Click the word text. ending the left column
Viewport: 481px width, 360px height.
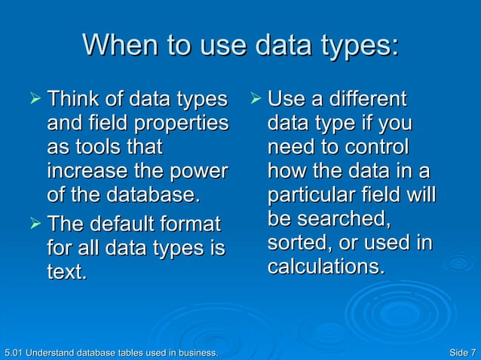click(66, 272)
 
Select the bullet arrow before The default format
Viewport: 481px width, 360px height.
click(31, 224)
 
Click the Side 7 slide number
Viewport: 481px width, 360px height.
click(461, 352)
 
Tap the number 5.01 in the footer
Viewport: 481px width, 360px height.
click(13, 352)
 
